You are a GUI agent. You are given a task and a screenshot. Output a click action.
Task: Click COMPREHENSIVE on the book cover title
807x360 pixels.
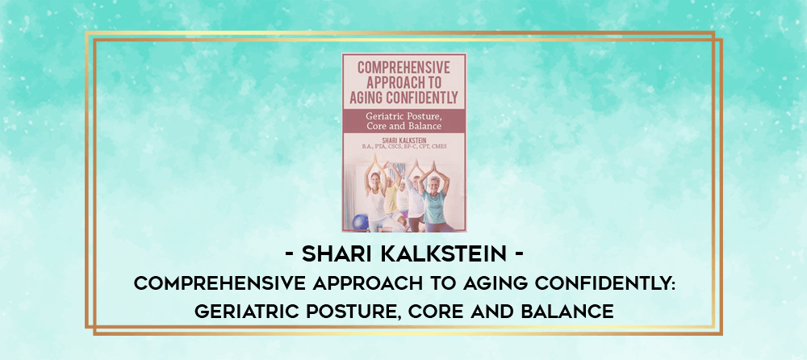tap(404, 67)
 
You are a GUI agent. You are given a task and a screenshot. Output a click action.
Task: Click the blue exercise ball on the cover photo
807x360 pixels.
tap(361, 222)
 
